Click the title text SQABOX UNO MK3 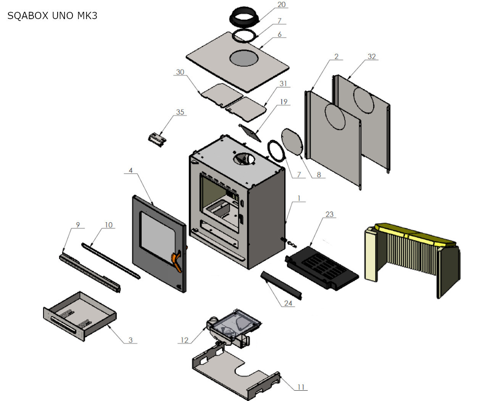(x=52, y=16)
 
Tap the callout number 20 (x=281, y=5)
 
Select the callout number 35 (x=180, y=112)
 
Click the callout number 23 (x=330, y=214)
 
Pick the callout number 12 (x=185, y=340)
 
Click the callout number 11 (x=301, y=387)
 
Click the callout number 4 (x=131, y=170)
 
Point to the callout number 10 (x=109, y=225)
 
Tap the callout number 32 (x=372, y=57)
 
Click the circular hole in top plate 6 (x=244, y=58)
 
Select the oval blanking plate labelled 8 (x=292, y=142)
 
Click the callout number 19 (x=284, y=102)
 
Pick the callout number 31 (x=283, y=84)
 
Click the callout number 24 (x=288, y=303)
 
